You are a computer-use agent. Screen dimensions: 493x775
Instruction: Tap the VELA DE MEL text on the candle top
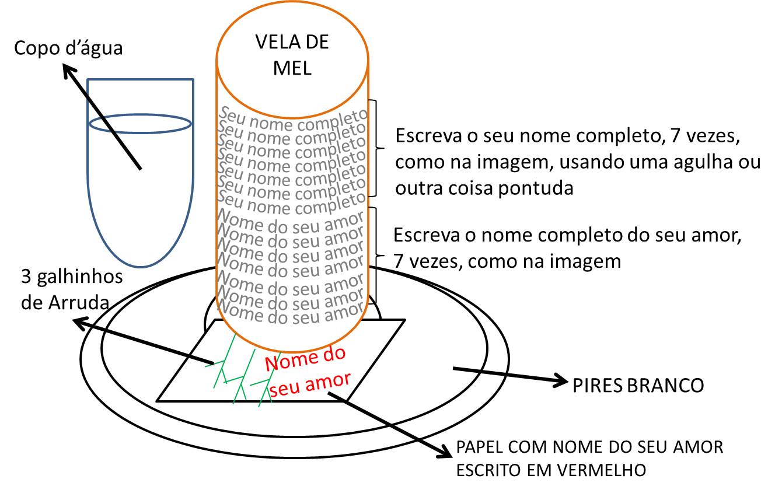pos(292,55)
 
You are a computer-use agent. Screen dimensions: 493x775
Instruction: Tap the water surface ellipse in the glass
pos(140,124)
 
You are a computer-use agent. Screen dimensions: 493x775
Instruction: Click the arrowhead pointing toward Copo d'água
pos(69,72)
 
